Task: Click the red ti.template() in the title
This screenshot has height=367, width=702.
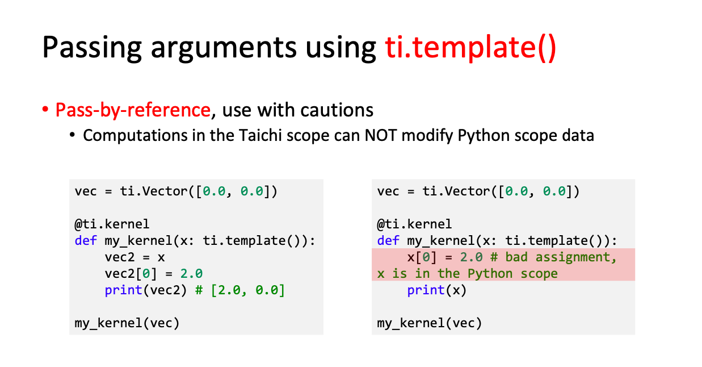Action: pyautogui.click(x=470, y=48)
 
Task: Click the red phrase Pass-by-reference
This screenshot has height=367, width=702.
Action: pyautogui.click(x=133, y=110)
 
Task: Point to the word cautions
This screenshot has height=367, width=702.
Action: pyautogui.click(x=337, y=110)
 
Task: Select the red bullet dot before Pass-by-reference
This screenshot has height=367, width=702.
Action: pyautogui.click(x=45, y=110)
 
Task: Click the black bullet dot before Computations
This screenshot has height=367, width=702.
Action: pyautogui.click(x=73, y=135)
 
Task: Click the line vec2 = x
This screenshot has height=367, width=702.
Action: pyautogui.click(x=134, y=257)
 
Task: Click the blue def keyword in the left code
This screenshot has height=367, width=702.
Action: pyautogui.click(x=86, y=240)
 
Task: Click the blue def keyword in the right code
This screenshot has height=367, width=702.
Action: pyautogui.click(x=388, y=240)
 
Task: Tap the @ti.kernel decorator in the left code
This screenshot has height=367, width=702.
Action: pyautogui.click(x=112, y=224)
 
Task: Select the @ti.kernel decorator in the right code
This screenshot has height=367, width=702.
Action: pyautogui.click(x=414, y=224)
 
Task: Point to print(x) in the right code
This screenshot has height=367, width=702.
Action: pyautogui.click(x=437, y=290)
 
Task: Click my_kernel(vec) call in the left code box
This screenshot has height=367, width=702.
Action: pyautogui.click(x=127, y=323)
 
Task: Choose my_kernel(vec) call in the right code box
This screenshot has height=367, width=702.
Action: pyautogui.click(x=430, y=323)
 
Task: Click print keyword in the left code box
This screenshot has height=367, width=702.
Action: pyautogui.click(x=124, y=290)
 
